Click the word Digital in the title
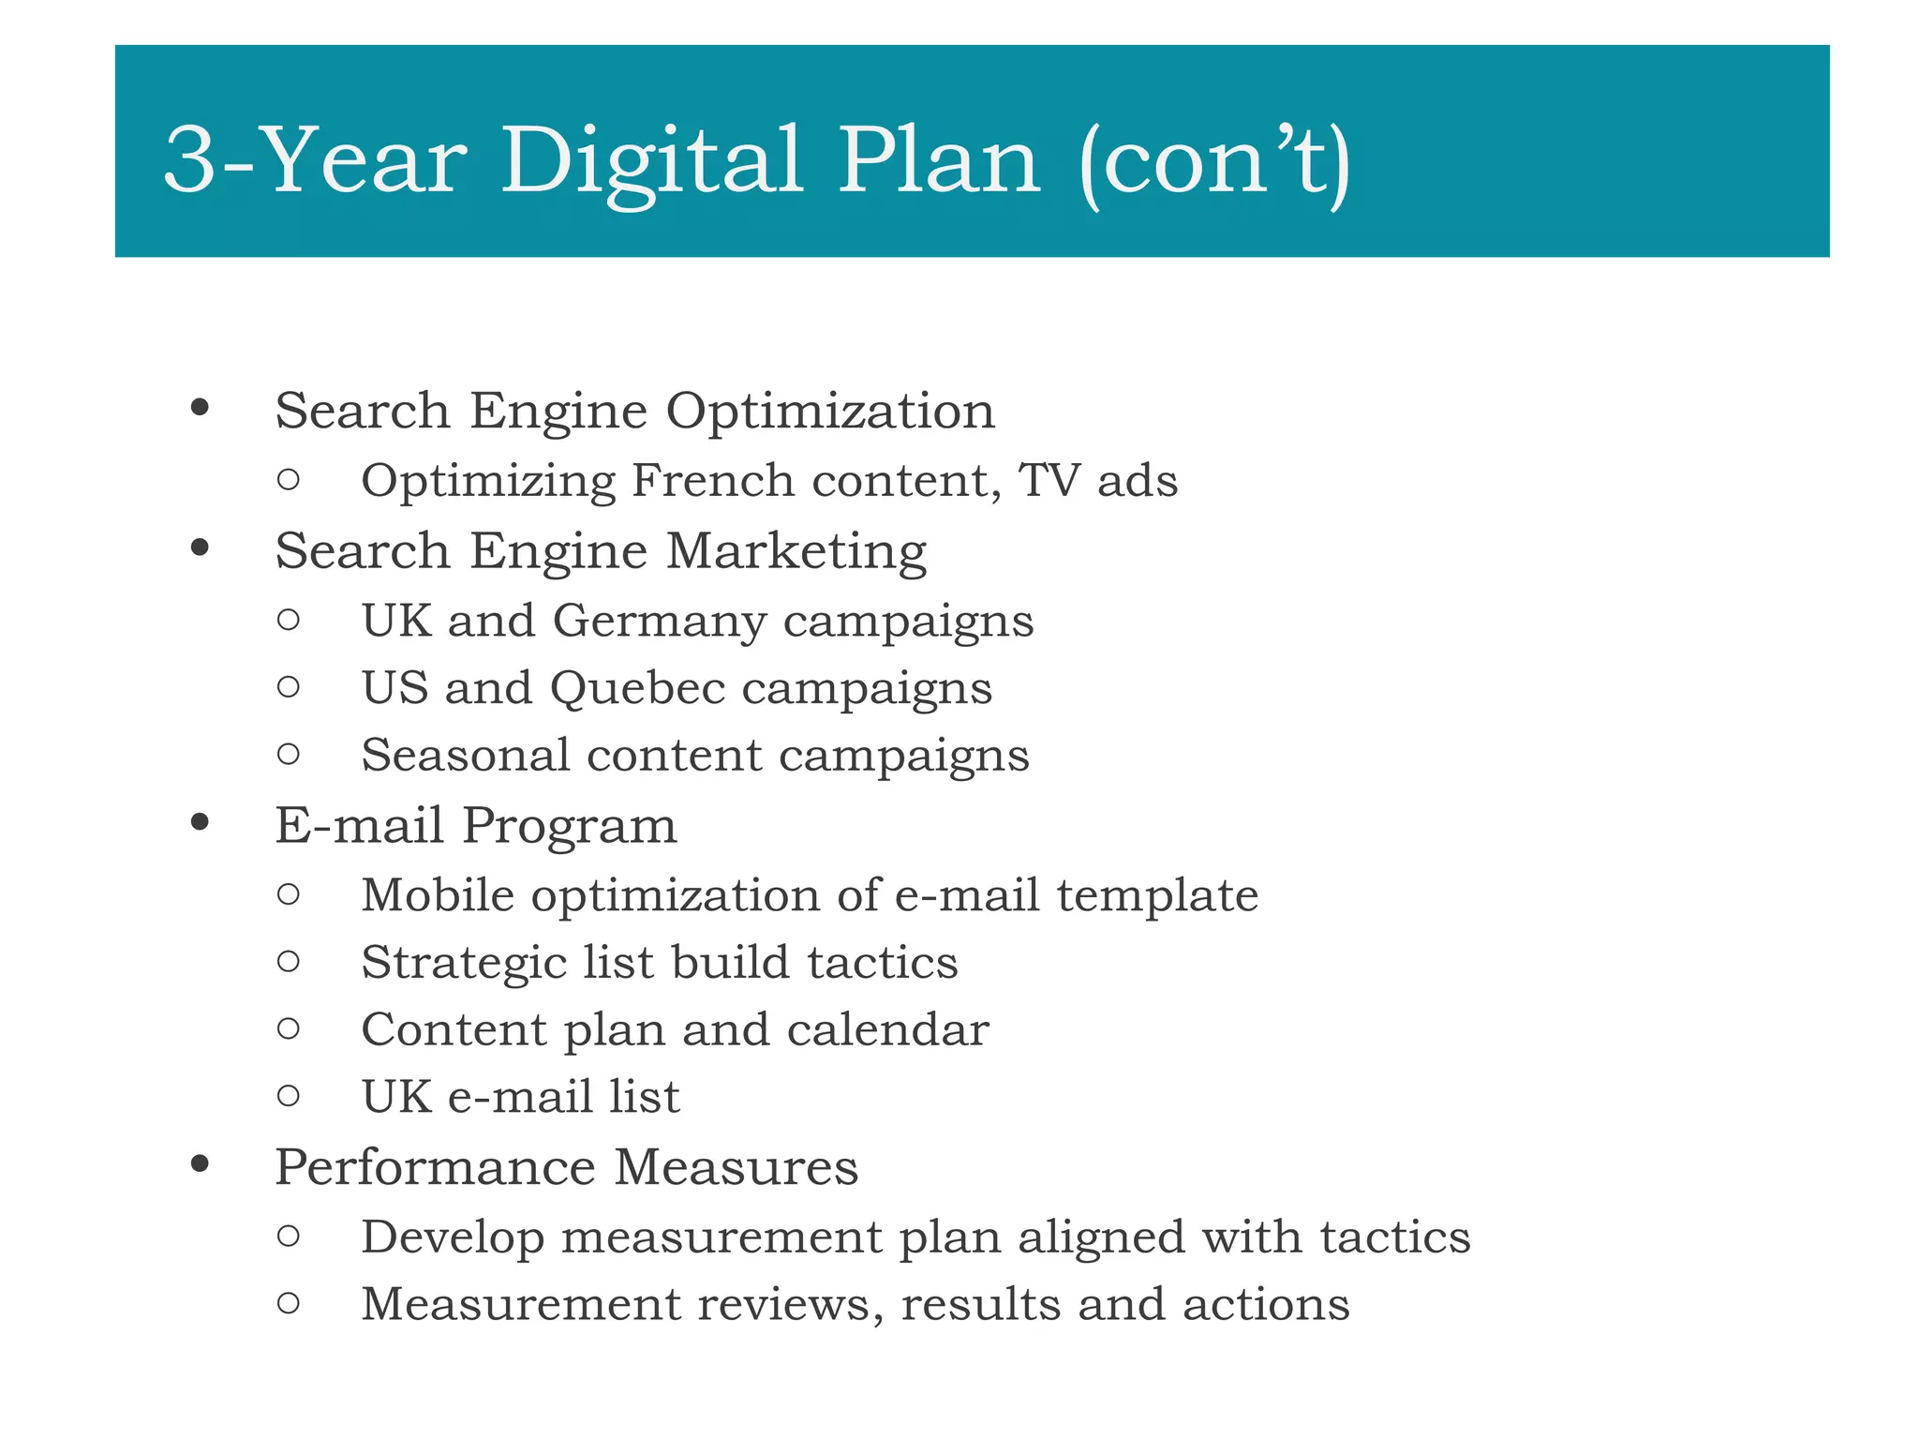pyautogui.click(x=652, y=161)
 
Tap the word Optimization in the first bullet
pyautogui.click(x=830, y=412)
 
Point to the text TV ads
pyautogui.click(x=1097, y=481)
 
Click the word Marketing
pyautogui.click(x=796, y=551)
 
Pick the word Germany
pyautogui.click(x=660, y=622)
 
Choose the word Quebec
pyautogui.click(x=637, y=689)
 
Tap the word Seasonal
pyautogui.click(x=466, y=756)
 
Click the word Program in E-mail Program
pyautogui.click(x=569, y=826)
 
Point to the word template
pyautogui.click(x=1157, y=895)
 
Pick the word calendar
pyautogui.click(x=887, y=1030)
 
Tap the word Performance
pyautogui.click(x=435, y=1168)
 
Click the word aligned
pyautogui.click(x=1102, y=1237)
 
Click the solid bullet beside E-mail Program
pyautogui.click(x=199, y=823)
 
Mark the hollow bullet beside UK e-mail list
pyautogui.click(x=289, y=1095)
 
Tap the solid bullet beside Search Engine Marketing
pyautogui.click(x=199, y=547)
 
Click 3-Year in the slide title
pyautogui.click(x=315, y=161)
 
